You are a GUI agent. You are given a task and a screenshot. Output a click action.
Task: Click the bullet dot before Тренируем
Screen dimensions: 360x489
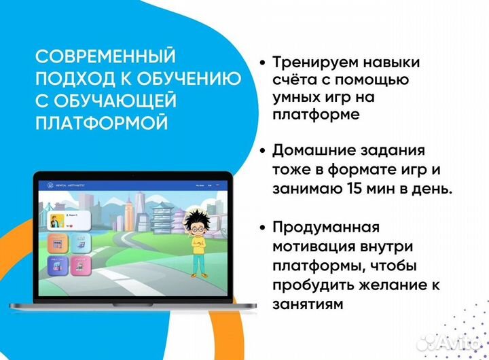pyautogui.click(x=262, y=63)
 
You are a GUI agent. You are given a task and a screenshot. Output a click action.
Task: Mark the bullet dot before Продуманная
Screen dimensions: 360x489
pyautogui.click(x=262, y=227)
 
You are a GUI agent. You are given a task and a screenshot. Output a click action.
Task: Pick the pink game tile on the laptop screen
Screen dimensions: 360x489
pyautogui.click(x=79, y=264)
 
